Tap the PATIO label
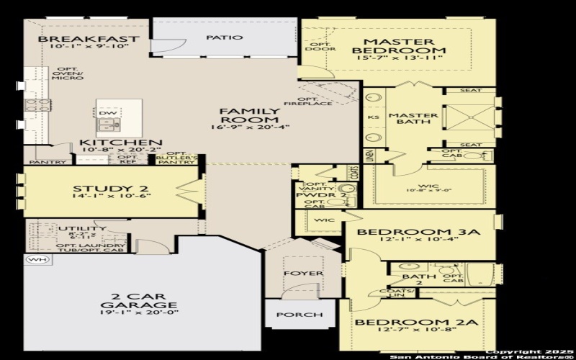(223, 37)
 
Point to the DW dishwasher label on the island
(107, 113)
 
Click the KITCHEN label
(120, 143)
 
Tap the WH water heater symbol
(34, 258)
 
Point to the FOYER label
(302, 273)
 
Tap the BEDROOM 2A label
(416, 322)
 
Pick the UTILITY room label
(82, 228)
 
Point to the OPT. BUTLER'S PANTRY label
(176, 158)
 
